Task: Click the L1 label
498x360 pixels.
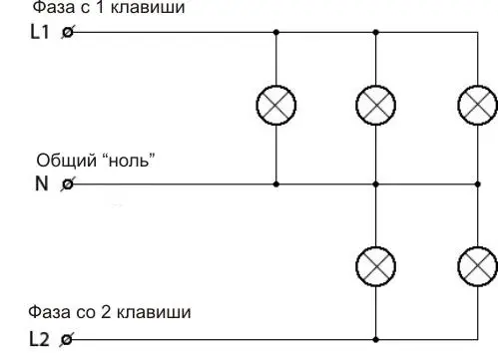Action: [40, 32]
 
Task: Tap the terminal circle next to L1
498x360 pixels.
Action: [68, 32]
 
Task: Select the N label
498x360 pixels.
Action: [42, 183]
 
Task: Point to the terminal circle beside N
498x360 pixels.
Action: [68, 183]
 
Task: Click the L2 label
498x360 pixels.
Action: [39, 339]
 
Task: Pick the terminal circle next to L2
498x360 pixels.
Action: [67, 340]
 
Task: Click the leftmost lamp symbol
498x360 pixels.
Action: [275, 106]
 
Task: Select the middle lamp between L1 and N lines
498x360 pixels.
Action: [375, 106]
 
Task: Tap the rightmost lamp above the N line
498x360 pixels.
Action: [478, 106]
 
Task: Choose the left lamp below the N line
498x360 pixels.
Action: [375, 266]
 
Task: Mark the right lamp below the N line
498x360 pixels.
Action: [478, 266]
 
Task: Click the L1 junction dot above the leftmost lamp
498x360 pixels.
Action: [275, 32]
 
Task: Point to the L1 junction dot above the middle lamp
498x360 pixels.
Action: [375, 32]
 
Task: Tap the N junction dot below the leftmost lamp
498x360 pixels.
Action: [275, 183]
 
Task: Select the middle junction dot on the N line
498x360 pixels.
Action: [375, 183]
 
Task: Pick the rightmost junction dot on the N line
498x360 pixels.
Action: [478, 183]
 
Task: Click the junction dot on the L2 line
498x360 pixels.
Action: [375, 340]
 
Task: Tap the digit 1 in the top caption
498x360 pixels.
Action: [100, 7]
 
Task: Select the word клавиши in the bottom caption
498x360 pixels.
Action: [154, 312]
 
